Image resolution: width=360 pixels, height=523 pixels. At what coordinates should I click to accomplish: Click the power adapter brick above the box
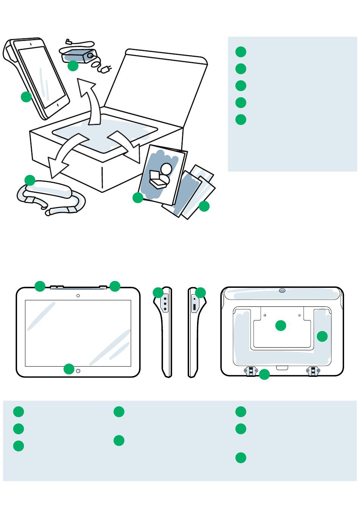point(80,55)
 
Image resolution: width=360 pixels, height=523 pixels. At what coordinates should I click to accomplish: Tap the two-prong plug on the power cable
point(107,70)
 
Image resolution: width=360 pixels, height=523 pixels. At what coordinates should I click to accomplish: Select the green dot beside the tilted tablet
point(26,97)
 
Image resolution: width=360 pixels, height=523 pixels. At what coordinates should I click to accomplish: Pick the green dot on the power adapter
point(73,66)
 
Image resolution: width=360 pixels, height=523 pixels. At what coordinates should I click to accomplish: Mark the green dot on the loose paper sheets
point(204,206)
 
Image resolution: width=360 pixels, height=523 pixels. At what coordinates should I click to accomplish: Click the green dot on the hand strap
point(30,180)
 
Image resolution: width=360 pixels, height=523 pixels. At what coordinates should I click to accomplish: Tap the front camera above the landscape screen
point(78,295)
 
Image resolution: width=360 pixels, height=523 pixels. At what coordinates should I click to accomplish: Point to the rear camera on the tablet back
point(282,290)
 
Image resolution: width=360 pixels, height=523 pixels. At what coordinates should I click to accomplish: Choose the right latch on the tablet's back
point(313,371)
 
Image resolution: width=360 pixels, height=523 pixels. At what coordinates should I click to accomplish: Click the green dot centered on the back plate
point(280,325)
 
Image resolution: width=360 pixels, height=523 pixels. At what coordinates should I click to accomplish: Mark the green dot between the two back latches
point(265,375)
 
